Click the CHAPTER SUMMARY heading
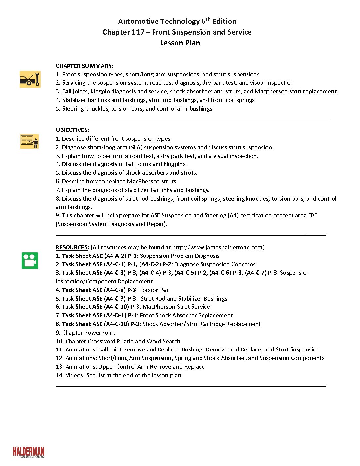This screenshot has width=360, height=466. coord(84,66)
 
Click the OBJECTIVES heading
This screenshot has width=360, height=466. coord(72,130)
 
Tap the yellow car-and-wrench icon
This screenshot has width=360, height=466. coord(30,79)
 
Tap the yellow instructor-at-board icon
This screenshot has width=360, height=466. coord(29,141)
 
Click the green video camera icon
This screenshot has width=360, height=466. coord(30,260)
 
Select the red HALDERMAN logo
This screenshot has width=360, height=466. coord(28,452)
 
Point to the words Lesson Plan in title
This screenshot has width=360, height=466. coord(180,43)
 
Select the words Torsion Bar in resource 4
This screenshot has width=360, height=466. coord(154,290)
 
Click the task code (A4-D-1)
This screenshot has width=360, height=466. coord(115,315)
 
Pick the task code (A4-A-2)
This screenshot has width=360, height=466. coord(115,256)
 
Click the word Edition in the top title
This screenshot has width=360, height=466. coord(224,22)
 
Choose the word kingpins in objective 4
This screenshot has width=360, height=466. coord(175,164)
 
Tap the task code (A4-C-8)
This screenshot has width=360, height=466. coord(115,290)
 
